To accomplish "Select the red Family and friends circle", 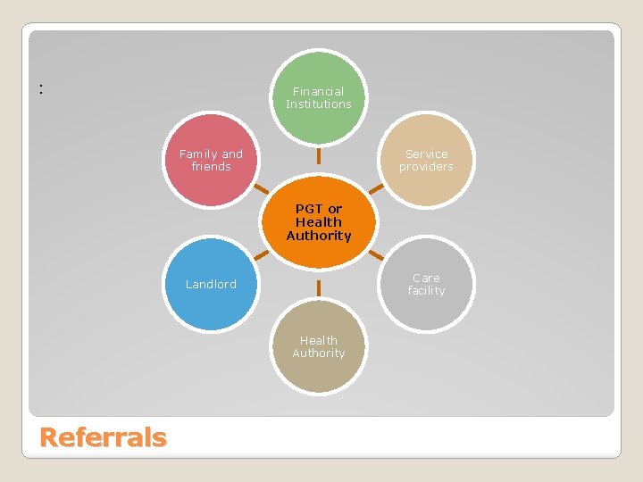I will click(211, 161).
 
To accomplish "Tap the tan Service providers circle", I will click(426, 161).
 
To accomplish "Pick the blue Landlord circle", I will click(211, 284).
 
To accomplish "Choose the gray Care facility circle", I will click(426, 284).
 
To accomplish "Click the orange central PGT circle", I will click(319, 222).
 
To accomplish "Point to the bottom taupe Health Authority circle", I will click(319, 346).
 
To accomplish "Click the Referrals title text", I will click(104, 437).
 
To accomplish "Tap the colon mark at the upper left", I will click(41, 88).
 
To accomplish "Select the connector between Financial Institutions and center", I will click(319, 155).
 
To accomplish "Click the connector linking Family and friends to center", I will click(261, 189).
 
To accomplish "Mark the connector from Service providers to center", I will click(377, 189).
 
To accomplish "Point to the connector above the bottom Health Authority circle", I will click(319, 287).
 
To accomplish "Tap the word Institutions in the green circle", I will click(319, 104).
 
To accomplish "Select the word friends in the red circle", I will click(211, 167).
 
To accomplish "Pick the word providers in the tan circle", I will click(426, 167).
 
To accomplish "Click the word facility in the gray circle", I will click(426, 291).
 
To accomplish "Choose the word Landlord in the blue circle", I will click(211, 285).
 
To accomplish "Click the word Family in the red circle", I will click(197, 154).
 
